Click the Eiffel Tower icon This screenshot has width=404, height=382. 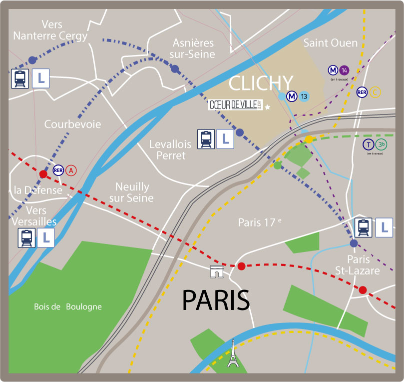pos(233,353)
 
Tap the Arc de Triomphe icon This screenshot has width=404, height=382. pos(217,272)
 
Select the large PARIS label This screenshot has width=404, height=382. pos(216,299)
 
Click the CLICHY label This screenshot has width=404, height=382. pos(260,83)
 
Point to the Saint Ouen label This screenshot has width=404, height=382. pos(331,43)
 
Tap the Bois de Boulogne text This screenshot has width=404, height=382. pos(68,306)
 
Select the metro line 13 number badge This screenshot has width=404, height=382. pos(304,95)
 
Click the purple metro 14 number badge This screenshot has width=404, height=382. pos(345,70)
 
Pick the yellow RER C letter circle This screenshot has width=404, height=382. pos(375,92)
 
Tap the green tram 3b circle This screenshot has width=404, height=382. pos(382,144)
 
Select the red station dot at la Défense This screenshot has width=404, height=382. pos(43,174)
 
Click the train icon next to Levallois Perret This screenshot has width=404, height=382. pos(205,139)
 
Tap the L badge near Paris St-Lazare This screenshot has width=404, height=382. pos(384,227)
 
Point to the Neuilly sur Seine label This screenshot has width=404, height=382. pos(132,192)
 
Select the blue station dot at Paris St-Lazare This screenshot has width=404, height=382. pos(354,243)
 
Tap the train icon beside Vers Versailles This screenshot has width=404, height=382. pos(26,237)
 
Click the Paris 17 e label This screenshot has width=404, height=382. pos(259,222)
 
